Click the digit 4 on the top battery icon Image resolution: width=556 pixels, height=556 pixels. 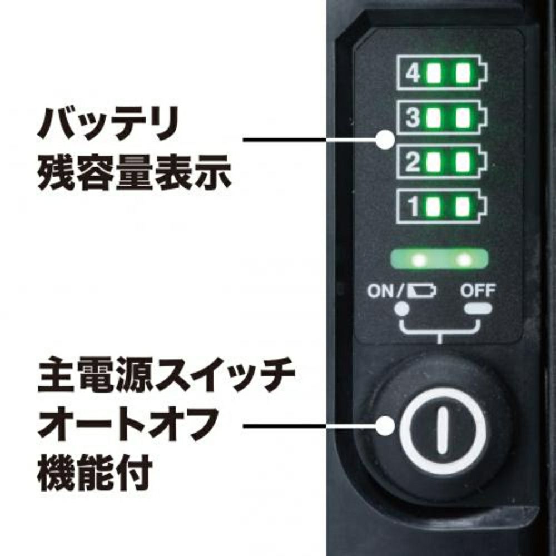coord(413,73)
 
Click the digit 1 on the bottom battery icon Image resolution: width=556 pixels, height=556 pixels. coord(413,207)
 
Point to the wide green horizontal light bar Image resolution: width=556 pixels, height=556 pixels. coord(439,259)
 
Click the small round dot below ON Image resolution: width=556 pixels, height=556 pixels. coord(399,308)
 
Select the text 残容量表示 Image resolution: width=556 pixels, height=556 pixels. coord(133,173)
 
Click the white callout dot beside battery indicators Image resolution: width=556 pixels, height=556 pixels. coord(383,140)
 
